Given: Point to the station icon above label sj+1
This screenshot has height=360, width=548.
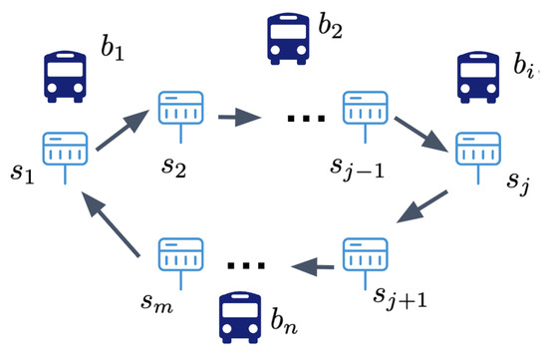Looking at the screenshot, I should (x=365, y=257).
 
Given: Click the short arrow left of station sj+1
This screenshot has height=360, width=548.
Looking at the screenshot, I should (x=312, y=265).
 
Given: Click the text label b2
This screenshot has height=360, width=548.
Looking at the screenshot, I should (x=329, y=27).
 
